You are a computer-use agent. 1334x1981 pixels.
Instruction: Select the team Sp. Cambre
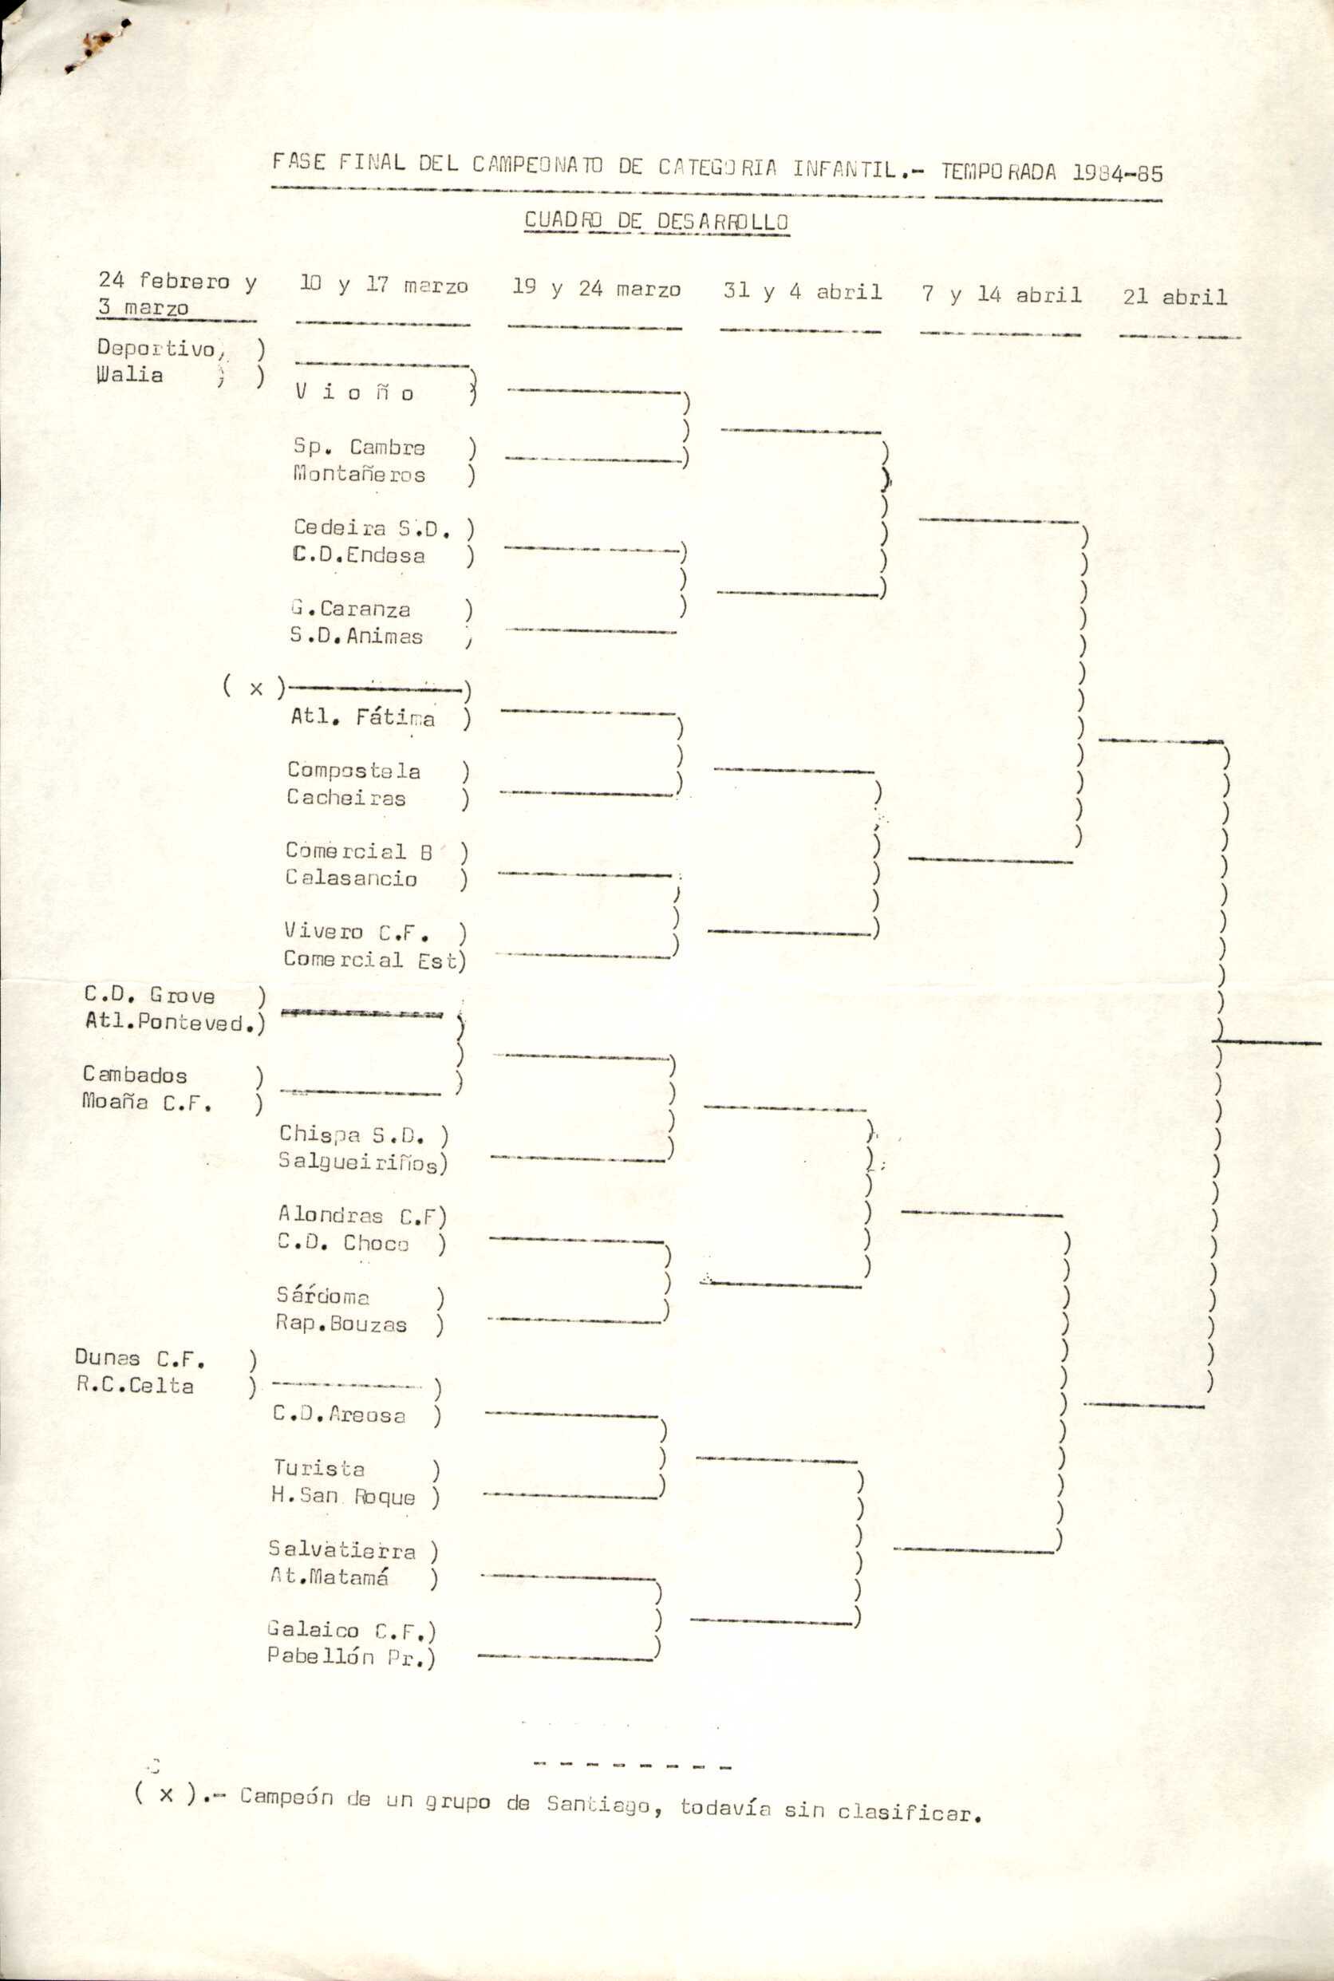pyautogui.click(x=359, y=447)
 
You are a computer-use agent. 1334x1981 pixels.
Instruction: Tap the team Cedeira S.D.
pyautogui.click(x=371, y=527)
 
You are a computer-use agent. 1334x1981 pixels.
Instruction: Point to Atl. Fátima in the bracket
pyautogui.click(x=362, y=717)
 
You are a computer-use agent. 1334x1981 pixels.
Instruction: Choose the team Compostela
pyautogui.click(x=353, y=771)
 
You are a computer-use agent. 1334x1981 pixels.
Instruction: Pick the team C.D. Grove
pyautogui.click(x=149, y=995)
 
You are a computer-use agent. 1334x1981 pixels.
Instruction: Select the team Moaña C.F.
pyautogui.click(x=146, y=1103)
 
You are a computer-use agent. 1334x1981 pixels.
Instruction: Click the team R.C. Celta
pyautogui.click(x=134, y=1386)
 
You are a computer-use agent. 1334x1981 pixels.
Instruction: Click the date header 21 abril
pyautogui.click(x=1174, y=297)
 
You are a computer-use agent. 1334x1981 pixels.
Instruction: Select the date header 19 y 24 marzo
pyautogui.click(x=595, y=288)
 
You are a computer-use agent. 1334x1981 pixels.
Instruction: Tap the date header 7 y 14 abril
pyautogui.click(x=1001, y=294)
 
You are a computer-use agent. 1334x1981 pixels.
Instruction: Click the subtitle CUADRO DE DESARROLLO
pyautogui.click(x=656, y=221)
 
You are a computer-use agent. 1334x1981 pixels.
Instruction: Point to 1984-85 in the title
pyautogui.click(x=1116, y=172)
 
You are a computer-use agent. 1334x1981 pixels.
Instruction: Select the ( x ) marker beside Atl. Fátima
pyautogui.click(x=255, y=687)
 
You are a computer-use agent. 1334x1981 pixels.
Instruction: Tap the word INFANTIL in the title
pyautogui.click(x=844, y=169)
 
